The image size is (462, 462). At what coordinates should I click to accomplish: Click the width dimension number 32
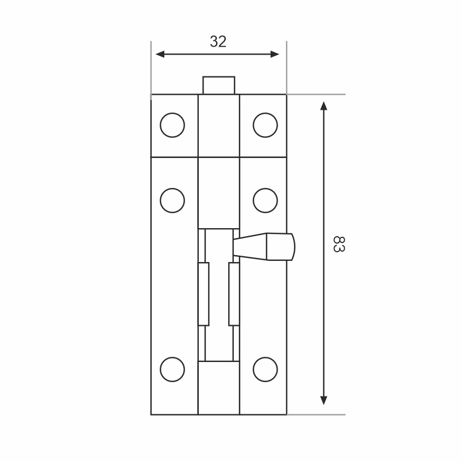[218, 41]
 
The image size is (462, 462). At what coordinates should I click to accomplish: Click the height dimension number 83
[339, 244]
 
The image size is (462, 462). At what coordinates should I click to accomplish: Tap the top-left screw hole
[172, 125]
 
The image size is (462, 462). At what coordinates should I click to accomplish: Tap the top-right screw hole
[265, 125]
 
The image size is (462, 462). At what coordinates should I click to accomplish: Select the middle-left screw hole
[172, 201]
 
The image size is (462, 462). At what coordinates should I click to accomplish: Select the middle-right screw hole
[265, 201]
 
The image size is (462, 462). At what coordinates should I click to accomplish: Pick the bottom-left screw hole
[172, 369]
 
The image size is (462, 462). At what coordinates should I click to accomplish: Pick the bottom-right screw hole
[265, 369]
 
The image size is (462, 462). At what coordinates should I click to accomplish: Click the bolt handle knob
[280, 247]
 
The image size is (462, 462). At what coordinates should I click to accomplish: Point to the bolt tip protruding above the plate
[218, 85]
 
